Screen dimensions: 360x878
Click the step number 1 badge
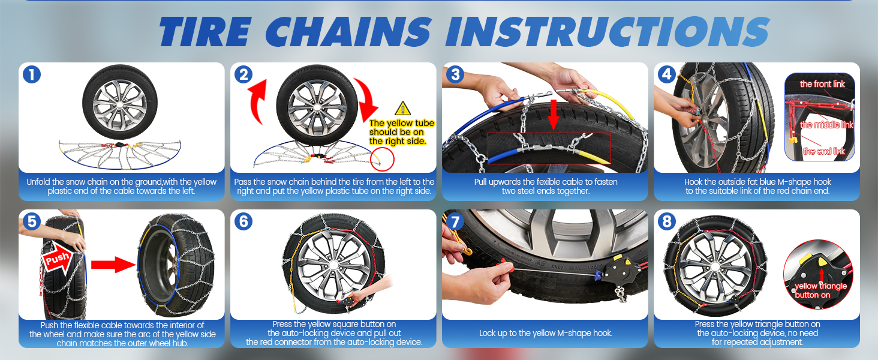pos(31,74)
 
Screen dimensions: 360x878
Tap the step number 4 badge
pos(666,74)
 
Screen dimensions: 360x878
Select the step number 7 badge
pos(455,221)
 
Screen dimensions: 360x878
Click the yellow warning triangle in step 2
pos(403,109)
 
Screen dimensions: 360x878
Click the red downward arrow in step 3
pos(553,115)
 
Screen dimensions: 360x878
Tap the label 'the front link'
pos(822,84)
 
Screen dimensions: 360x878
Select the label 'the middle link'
pos(826,125)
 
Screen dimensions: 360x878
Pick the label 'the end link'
pos(824,151)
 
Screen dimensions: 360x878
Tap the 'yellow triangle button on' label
pos(820,290)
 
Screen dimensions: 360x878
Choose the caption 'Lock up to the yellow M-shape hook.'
pos(545,333)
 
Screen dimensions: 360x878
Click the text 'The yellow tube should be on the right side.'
pos(401,132)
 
